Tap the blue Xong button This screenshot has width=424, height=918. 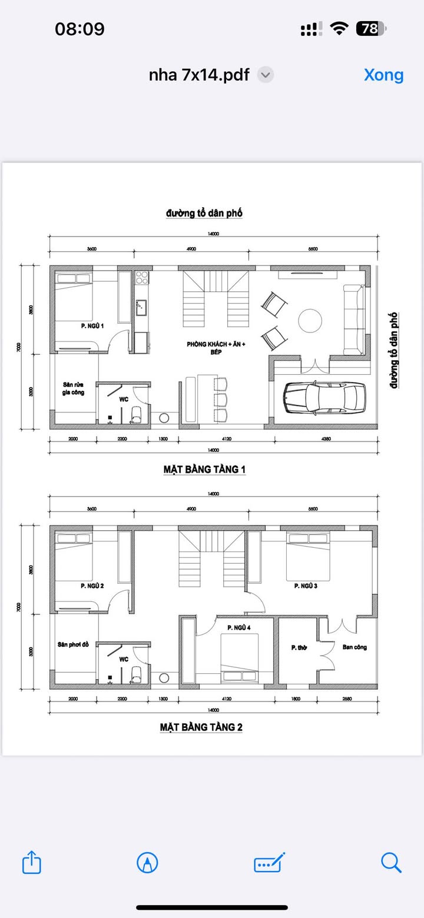pos(383,75)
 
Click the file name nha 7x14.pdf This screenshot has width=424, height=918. pos(198,75)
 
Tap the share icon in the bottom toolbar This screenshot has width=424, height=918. pos(32,863)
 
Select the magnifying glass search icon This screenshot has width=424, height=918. pos(391,862)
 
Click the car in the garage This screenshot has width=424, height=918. pos(324,397)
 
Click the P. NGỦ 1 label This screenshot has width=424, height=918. pos(92,325)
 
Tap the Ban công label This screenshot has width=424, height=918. pos(355,647)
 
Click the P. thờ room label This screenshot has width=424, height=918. pos(299,647)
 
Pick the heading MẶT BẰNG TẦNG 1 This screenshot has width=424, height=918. pos(204,470)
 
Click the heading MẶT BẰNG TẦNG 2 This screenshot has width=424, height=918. pos(201,727)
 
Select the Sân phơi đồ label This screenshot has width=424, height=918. pos(73,644)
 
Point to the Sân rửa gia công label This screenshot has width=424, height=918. pos(75,390)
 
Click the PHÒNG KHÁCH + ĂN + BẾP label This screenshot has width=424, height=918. pos(216,348)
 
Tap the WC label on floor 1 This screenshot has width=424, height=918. pos(124,399)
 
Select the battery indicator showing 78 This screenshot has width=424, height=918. pos(370,28)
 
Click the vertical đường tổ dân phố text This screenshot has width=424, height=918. pos(393,351)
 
